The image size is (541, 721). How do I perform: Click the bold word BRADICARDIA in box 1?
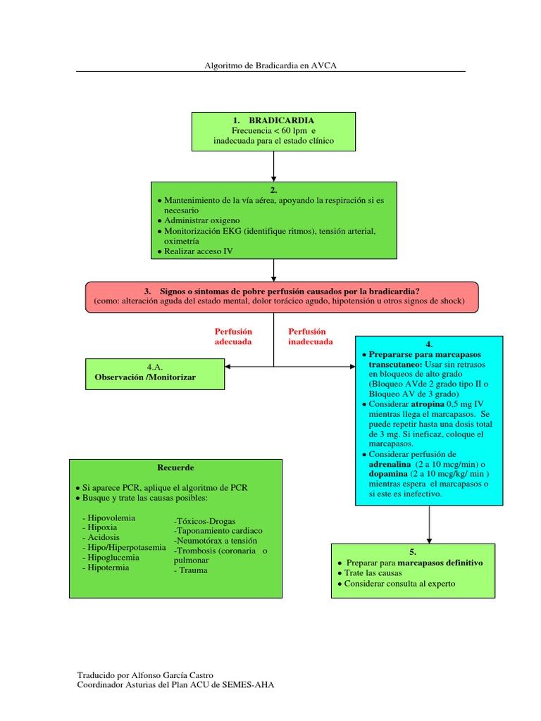point(281,120)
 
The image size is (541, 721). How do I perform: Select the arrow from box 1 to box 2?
point(273,166)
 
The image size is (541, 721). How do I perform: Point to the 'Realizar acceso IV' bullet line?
point(198,251)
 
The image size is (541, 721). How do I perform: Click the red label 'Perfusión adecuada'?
point(233,336)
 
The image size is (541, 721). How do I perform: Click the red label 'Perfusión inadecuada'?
point(311,336)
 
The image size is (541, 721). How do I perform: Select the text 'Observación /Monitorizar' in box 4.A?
point(145,377)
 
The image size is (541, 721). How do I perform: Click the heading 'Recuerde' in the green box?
point(175,468)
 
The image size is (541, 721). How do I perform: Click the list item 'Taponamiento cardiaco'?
point(218,531)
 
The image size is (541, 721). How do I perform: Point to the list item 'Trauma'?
point(191,570)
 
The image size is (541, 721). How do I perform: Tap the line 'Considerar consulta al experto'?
point(399,584)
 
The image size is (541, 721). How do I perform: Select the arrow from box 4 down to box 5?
point(429,525)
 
